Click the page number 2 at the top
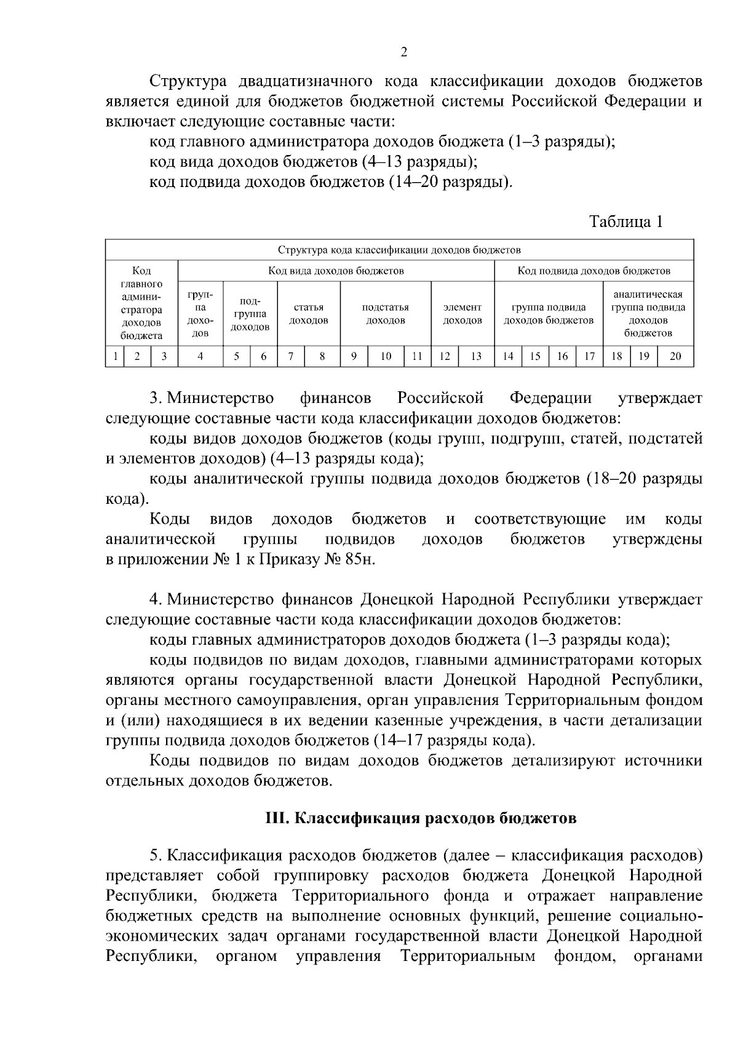coord(403,52)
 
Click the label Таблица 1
coord(626,221)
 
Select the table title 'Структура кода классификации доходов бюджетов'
coord(399,250)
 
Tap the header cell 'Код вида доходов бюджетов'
coord(336,270)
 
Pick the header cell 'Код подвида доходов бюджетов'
coord(593,270)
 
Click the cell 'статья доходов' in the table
coord(309,314)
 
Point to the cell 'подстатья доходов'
coord(386,314)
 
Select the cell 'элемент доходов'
coord(462,314)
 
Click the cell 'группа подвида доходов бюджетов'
coord(549,314)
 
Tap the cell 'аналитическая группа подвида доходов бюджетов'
coord(648,314)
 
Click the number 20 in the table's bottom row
coord(675,356)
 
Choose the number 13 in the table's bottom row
coord(476,356)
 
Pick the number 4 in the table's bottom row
coord(200,356)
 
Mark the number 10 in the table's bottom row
coord(386,356)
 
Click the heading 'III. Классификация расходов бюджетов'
coord(421,818)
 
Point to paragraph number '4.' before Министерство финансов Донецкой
coord(156,600)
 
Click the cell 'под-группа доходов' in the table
coord(250,314)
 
